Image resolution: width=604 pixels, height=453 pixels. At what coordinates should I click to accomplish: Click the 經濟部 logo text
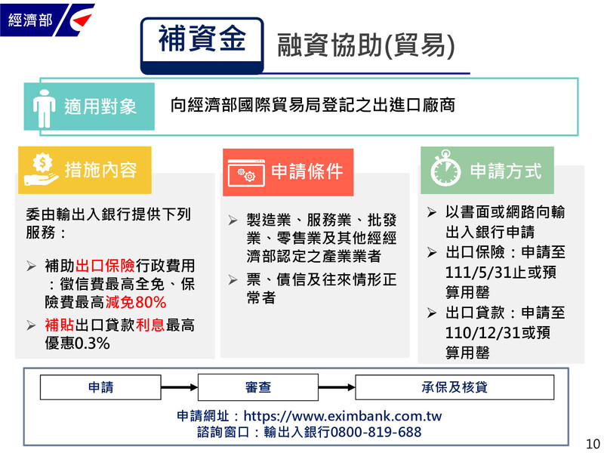click(x=30, y=20)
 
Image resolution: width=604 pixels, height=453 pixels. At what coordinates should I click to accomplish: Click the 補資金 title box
click(x=202, y=45)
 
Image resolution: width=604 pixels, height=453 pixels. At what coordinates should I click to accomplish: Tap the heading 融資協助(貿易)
click(x=366, y=46)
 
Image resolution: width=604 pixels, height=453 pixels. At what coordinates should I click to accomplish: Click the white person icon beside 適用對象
click(x=45, y=108)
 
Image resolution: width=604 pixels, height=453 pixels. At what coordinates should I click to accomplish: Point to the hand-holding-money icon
click(x=42, y=169)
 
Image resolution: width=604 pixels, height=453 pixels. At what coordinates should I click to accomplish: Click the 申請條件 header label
click(x=307, y=171)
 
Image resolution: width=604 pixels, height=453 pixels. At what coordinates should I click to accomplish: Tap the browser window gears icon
click(x=246, y=173)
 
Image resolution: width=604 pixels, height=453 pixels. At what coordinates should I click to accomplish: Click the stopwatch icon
click(x=445, y=168)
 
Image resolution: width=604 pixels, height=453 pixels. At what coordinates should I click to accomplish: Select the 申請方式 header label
click(x=506, y=171)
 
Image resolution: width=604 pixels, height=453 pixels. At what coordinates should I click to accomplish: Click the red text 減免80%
click(x=136, y=302)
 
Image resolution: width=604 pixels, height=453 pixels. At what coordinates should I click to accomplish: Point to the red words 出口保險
click(x=105, y=266)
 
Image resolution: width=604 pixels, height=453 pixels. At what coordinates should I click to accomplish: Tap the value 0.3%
click(x=92, y=343)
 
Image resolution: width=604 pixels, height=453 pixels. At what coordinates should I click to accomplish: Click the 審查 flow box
click(x=258, y=387)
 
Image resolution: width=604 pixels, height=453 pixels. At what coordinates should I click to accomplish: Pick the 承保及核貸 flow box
click(x=455, y=387)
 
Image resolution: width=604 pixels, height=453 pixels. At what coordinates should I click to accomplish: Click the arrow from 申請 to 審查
click(x=179, y=387)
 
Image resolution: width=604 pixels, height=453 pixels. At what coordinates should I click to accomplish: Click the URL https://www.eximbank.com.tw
click(x=343, y=416)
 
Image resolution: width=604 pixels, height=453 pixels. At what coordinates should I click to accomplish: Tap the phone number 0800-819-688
click(x=375, y=432)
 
